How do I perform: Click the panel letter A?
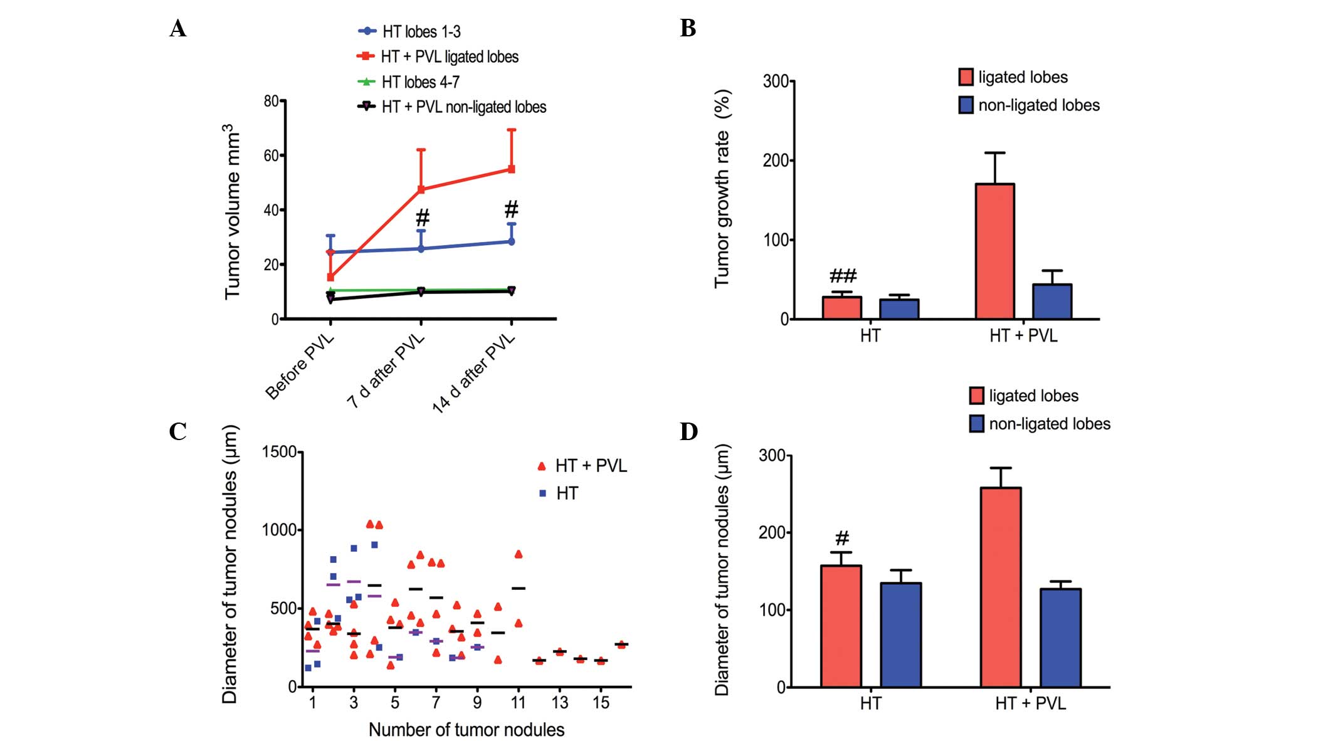177,29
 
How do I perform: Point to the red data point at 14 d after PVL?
512,169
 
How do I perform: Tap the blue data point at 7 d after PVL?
421,249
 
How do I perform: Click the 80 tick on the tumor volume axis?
271,101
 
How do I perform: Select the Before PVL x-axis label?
300,367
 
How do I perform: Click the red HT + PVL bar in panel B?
994,251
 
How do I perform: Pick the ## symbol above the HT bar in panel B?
843,276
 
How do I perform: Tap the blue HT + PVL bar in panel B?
1052,302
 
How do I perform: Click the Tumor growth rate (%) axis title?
722,188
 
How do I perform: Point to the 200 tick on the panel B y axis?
775,160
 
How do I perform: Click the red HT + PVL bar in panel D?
1001,587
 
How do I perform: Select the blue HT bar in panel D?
900,634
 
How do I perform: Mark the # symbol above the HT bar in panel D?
842,538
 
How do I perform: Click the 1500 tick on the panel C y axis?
279,452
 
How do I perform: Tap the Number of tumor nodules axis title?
466,730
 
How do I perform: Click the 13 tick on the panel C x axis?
559,703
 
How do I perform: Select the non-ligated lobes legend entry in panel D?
1049,424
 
